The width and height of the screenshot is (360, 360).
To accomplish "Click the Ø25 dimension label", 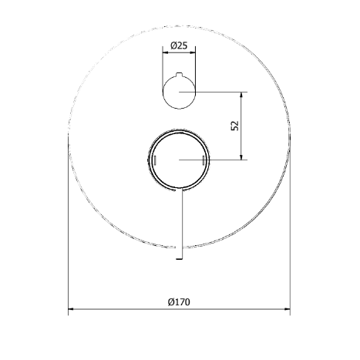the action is pos(179,45).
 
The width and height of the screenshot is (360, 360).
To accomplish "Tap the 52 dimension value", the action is pos(235,126).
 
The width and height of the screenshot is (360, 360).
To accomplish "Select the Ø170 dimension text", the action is pos(179,302).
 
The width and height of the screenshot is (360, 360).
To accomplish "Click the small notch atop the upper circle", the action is pos(179,75).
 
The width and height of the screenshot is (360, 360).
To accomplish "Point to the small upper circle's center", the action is pos(179,92).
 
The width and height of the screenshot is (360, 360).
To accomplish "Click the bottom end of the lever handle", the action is pos(179,258).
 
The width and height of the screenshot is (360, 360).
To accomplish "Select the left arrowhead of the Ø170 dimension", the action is pos(71,309).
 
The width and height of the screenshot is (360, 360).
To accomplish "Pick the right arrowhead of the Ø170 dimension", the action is pos(288,309).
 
